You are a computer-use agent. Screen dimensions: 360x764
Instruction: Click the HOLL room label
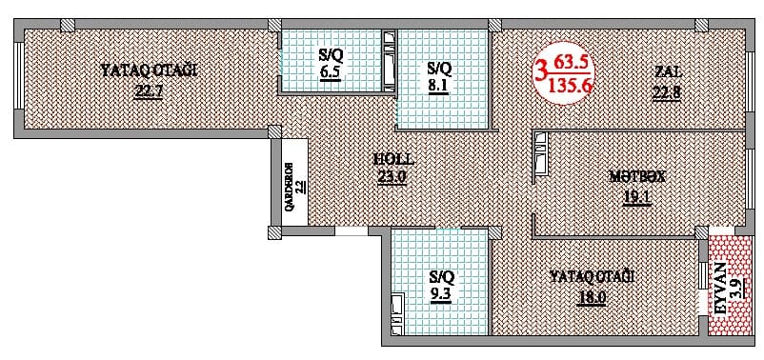[392, 160]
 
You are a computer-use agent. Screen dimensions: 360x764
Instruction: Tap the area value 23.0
[392, 176]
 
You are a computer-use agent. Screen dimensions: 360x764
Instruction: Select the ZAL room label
[668, 72]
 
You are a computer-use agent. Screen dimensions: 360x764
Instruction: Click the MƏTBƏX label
[636, 176]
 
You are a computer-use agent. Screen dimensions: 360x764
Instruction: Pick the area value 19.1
[636, 198]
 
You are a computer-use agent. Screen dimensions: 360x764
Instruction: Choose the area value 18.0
[591, 296]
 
